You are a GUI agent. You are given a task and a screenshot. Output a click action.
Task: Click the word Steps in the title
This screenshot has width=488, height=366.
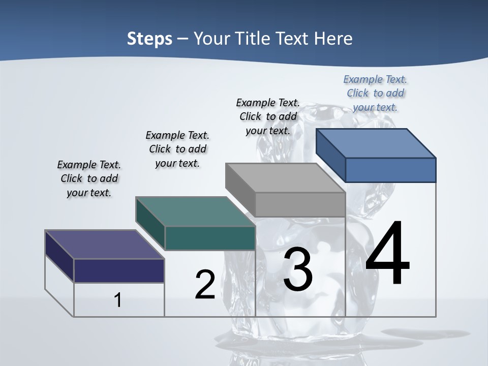(x=149, y=39)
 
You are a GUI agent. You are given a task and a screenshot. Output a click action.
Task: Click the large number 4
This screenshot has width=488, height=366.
(x=387, y=254)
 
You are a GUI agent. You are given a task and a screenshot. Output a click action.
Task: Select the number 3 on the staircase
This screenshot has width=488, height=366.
(x=298, y=270)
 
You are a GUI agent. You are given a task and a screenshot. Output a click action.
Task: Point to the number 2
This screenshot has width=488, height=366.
(x=205, y=285)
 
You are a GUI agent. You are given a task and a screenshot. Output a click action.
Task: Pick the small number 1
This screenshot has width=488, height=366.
(x=118, y=300)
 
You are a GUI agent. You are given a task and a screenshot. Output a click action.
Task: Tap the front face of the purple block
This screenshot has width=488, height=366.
(x=119, y=270)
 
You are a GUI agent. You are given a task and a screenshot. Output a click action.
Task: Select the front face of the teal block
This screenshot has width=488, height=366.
(x=210, y=238)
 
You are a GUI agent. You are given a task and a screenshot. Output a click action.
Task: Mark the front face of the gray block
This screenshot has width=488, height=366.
(x=300, y=205)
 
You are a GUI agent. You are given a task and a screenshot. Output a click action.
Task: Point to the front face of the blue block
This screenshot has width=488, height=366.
(x=390, y=170)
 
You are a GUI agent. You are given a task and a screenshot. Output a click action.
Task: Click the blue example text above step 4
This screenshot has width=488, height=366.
(x=375, y=93)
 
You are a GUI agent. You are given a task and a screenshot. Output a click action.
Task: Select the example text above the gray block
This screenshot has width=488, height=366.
(x=268, y=116)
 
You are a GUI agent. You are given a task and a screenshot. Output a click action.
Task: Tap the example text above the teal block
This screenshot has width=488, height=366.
(x=177, y=149)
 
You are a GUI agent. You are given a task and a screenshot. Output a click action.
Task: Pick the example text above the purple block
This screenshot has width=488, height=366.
(x=89, y=178)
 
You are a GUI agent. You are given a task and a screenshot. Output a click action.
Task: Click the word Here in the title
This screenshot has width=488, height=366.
(x=333, y=39)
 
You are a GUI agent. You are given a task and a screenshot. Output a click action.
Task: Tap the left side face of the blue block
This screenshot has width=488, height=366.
(x=330, y=156)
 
